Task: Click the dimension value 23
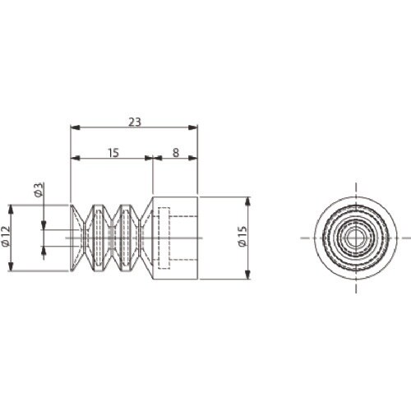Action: tap(135, 122)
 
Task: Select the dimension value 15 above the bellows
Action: tap(113, 153)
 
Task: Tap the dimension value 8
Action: tap(176, 153)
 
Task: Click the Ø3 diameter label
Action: tap(39, 190)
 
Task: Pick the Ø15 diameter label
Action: tap(242, 236)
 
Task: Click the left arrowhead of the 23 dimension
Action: tap(75, 127)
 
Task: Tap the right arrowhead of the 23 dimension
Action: tap(193, 127)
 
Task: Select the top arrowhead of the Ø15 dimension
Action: tap(247, 201)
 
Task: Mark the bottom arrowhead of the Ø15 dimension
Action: tap(247, 275)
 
